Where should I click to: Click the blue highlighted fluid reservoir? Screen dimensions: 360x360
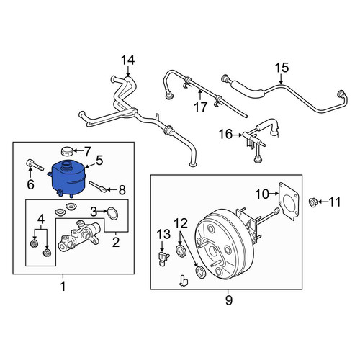point(68,179)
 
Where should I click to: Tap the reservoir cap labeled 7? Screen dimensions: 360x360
point(66,151)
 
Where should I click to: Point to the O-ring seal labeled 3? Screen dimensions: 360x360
point(112,213)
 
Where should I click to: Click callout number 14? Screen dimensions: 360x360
point(127,60)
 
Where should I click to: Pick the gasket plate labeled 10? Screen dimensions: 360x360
point(289,202)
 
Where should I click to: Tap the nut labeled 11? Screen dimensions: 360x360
point(312,202)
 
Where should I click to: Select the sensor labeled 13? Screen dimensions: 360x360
point(163,258)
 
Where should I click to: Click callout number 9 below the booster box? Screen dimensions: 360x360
point(228,300)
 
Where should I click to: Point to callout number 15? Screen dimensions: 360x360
point(282,68)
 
